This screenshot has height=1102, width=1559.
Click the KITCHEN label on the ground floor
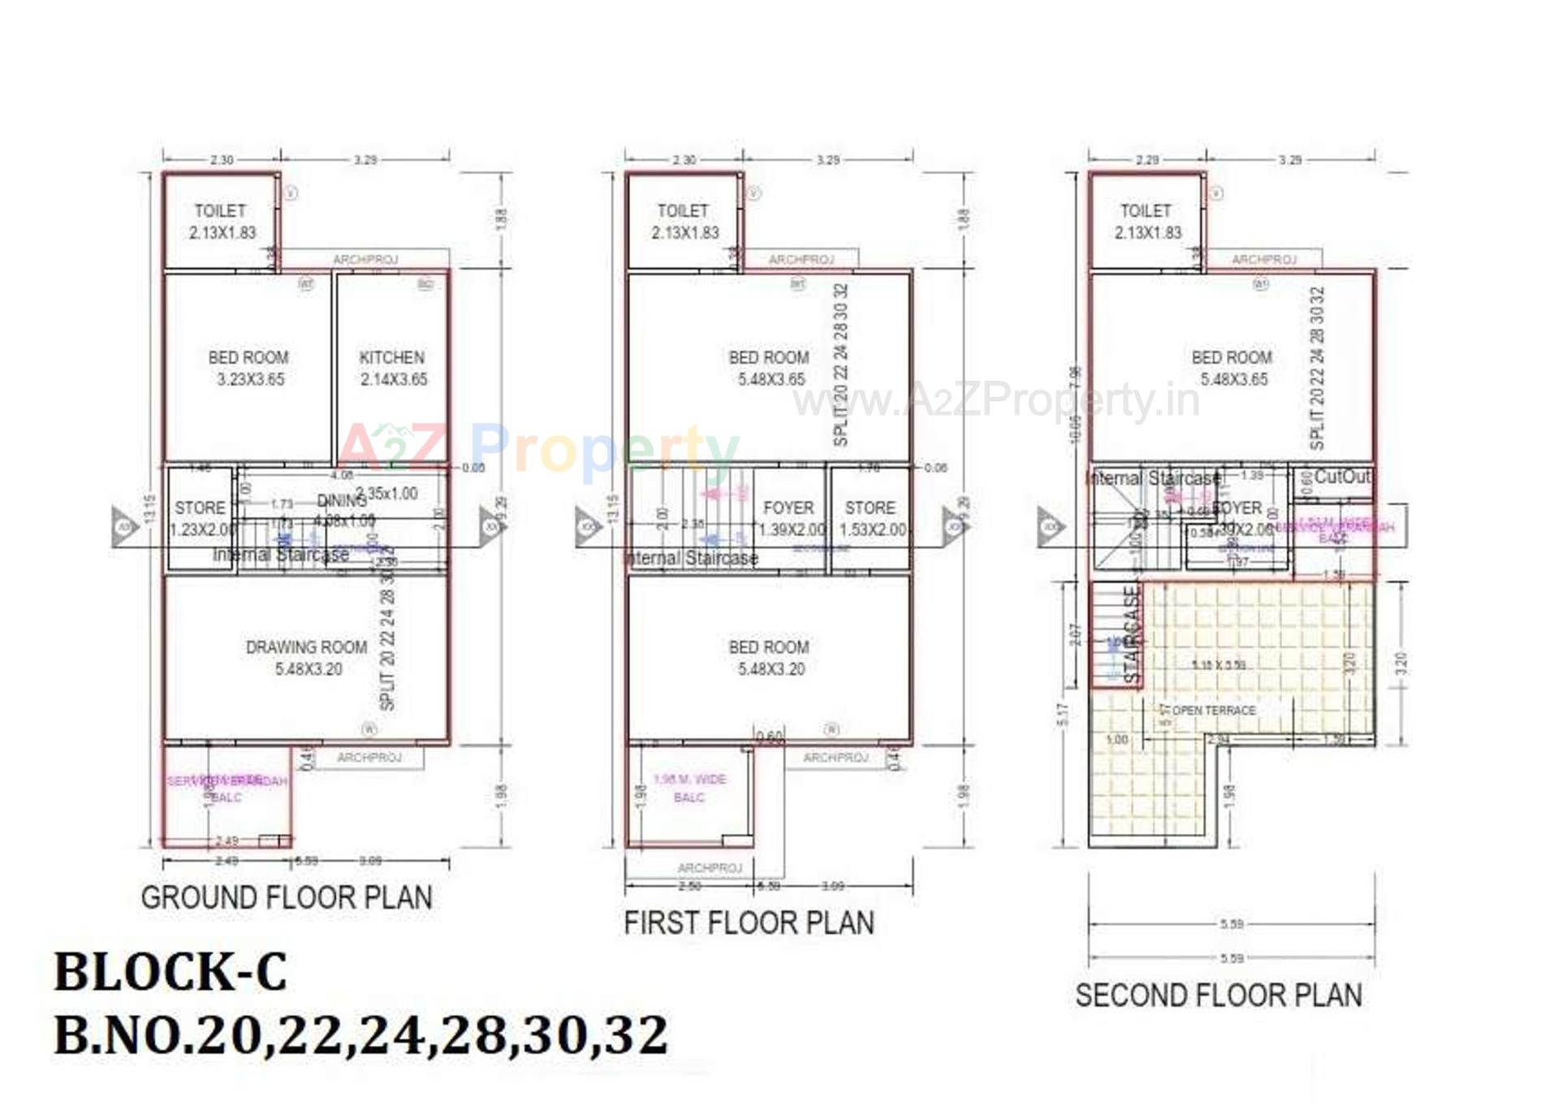(392, 357)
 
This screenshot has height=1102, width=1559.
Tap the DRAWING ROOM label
(306, 647)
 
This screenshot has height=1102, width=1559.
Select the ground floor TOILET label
(220, 211)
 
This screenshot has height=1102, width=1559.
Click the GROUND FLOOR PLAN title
(287, 897)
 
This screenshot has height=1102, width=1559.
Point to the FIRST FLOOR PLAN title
(749, 923)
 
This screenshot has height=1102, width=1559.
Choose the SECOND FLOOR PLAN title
(1218, 995)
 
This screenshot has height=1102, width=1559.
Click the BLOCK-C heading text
(171, 971)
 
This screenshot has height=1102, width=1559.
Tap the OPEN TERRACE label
(1213, 711)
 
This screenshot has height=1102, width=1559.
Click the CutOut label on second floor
(1341, 477)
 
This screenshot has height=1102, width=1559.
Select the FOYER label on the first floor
(788, 508)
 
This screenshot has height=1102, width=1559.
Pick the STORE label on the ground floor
(200, 508)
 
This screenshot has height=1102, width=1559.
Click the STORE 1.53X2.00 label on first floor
(871, 518)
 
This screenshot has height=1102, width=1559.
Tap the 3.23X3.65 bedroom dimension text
(250, 379)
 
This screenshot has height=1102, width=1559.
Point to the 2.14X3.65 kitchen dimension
(394, 379)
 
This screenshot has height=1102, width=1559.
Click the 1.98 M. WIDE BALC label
(689, 788)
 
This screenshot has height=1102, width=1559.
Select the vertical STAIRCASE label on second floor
(1131, 633)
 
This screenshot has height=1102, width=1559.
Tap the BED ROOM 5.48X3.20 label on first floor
(770, 658)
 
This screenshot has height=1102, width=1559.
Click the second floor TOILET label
(1146, 211)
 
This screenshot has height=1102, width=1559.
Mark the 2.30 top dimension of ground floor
(222, 160)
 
